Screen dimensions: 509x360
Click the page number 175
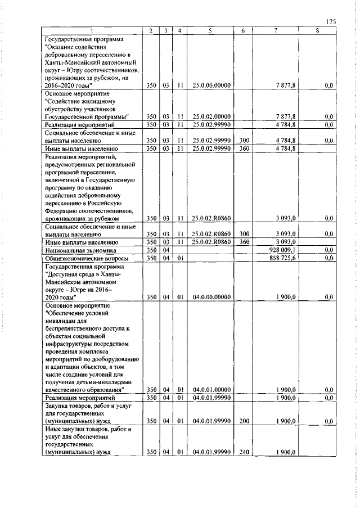pos(330,22)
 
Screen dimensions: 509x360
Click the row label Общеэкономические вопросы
pos(85,257)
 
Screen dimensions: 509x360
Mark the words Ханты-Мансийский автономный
pos(91,62)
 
